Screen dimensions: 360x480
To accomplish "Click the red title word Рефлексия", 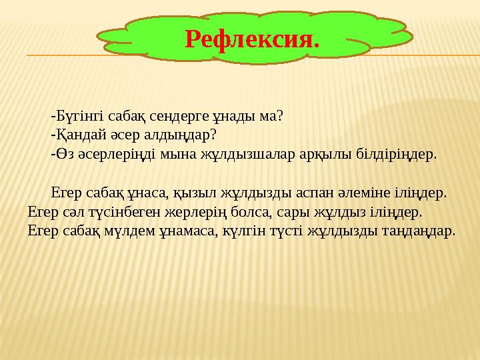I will (x=252, y=39).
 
